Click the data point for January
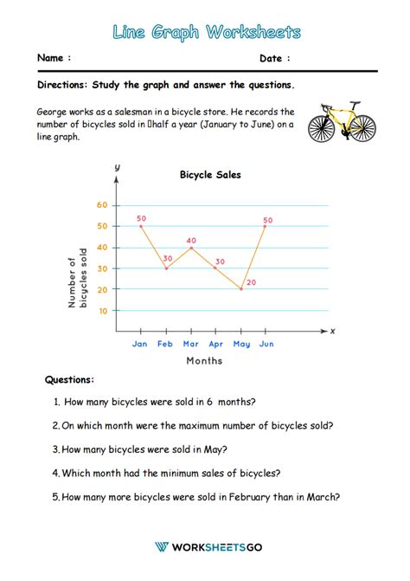pos(141,226)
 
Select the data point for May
pos(241,288)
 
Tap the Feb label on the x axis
pos(165,344)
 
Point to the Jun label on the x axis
pos(266,344)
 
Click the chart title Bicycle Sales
pos(210,174)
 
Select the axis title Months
pos(203,360)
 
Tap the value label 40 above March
pos(191,241)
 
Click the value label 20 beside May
pos(252,282)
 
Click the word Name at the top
pos(51,58)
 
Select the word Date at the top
pos(272,58)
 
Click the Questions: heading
pos(70,379)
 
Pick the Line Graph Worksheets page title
pos(206,32)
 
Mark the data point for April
pos(216,268)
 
